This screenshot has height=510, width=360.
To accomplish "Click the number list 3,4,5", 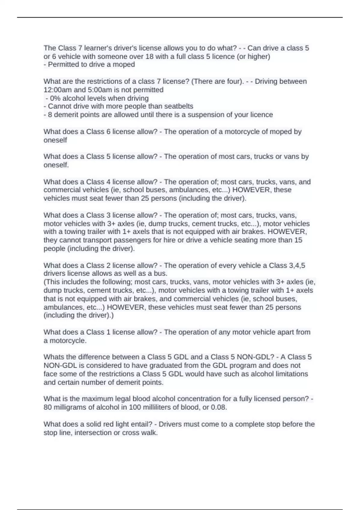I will tap(297, 265).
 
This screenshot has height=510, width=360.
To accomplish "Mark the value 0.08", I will tap(218, 407).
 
